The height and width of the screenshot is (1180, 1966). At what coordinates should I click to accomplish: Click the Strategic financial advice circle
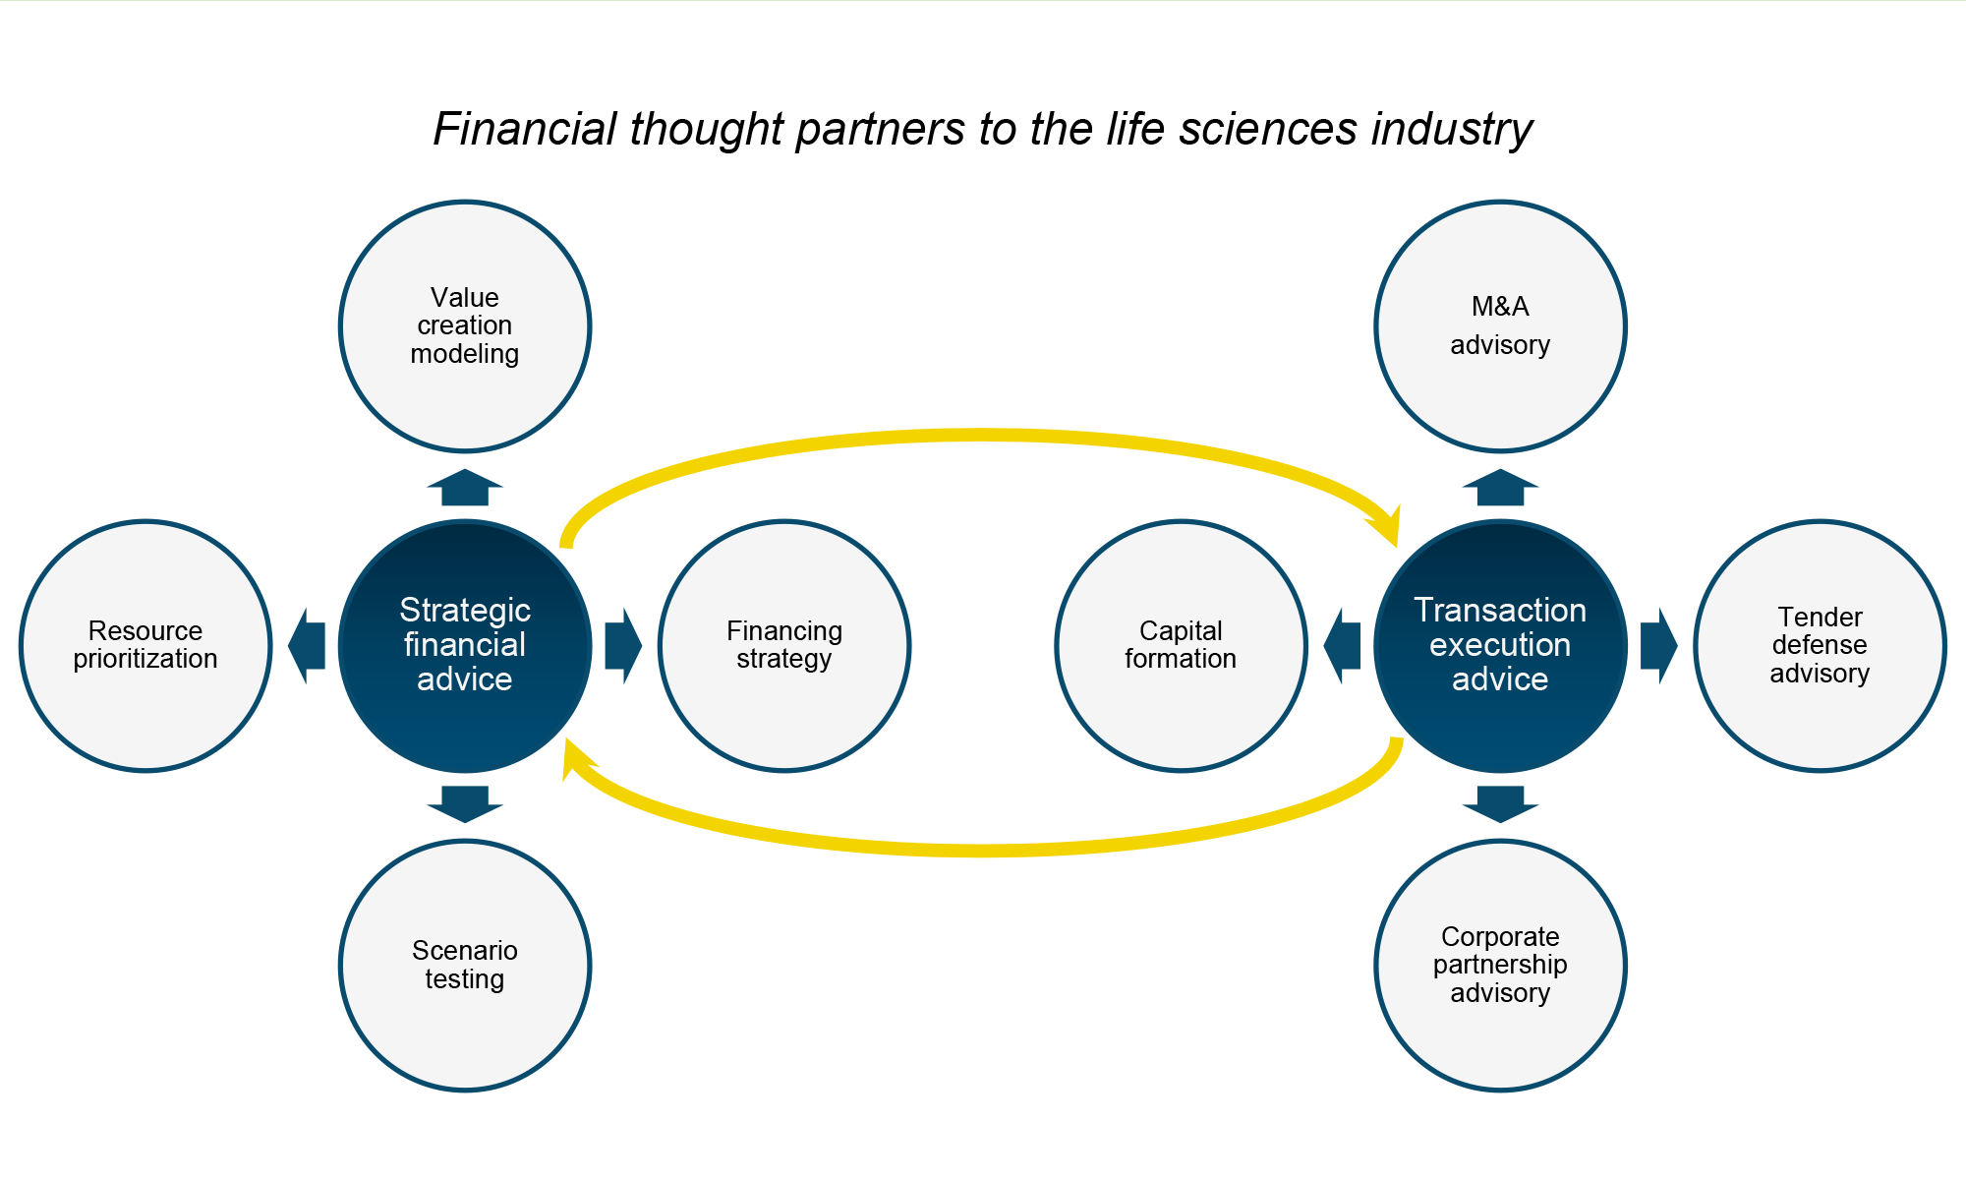465,646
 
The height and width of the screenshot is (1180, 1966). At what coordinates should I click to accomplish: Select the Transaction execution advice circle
1500,646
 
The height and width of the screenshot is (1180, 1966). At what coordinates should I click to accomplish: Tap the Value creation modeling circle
465,326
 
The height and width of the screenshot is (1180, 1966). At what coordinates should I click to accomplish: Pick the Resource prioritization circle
145,646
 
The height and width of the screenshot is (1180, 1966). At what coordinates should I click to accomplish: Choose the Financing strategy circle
784,646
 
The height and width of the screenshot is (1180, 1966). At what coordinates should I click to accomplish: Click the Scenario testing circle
465,966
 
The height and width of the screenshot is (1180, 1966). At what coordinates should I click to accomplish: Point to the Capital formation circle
1181,646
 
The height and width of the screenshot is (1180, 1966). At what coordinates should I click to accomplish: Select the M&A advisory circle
1500,326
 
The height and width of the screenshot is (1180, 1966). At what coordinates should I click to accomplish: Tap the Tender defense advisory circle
1820,646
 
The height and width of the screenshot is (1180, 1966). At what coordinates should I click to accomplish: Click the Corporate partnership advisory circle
1500,966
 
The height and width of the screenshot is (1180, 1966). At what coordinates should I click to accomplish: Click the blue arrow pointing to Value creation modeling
465,488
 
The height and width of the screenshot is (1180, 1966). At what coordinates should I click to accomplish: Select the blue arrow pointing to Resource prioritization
307,646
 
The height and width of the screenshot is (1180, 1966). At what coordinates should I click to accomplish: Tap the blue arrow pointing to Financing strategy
623,646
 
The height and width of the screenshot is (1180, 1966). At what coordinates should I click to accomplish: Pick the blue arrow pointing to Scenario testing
465,803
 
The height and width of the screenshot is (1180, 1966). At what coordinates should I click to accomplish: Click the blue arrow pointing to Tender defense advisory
1658,646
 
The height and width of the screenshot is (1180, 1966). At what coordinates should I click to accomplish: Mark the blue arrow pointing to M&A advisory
1500,488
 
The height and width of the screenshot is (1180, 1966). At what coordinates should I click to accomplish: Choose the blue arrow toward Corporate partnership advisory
1500,803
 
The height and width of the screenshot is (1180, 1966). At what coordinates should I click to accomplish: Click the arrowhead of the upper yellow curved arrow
1386,525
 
